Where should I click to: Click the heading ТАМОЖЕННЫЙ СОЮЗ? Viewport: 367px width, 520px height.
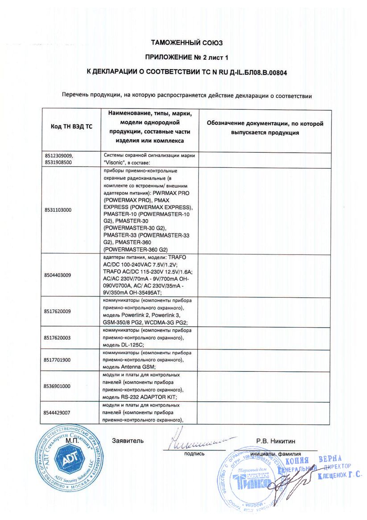(x=186, y=43)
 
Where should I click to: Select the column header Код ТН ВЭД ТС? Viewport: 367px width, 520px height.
(x=72, y=126)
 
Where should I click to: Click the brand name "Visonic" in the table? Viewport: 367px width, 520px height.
(x=115, y=162)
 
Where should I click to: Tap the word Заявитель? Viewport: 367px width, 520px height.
(x=128, y=441)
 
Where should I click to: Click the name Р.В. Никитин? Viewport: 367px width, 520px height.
(x=276, y=441)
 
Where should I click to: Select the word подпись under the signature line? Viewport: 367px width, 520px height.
(x=194, y=453)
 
